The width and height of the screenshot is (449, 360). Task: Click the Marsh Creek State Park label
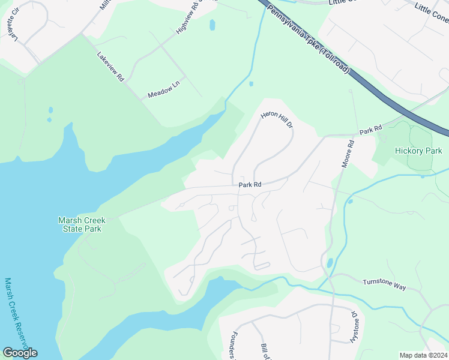coord(80,224)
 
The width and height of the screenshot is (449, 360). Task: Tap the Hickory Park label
coord(418,151)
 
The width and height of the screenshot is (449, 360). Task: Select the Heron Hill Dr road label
coord(277,119)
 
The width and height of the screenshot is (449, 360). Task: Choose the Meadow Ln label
coord(163,91)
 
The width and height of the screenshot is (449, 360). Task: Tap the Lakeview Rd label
coord(110,66)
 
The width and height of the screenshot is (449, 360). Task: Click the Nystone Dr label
coord(354,328)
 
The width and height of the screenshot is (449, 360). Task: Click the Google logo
coord(20,353)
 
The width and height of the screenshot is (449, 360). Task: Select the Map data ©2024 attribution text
coord(423,355)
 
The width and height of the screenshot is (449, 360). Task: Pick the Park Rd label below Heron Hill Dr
coord(250,185)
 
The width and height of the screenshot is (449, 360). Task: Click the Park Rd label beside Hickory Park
coord(370,130)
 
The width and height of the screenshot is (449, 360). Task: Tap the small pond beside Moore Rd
coord(330,263)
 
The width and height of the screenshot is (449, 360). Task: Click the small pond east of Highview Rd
coord(212,25)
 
